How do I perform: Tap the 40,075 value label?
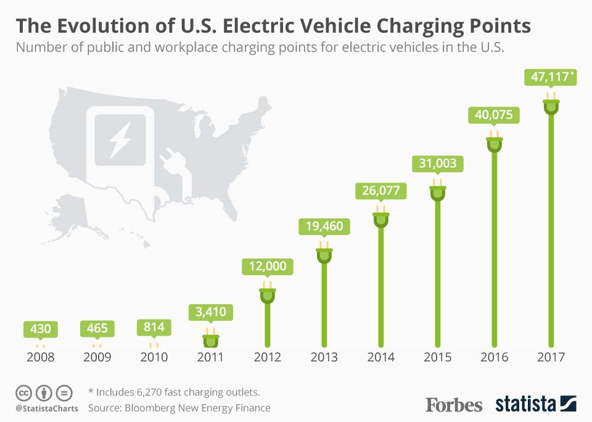point(495,115)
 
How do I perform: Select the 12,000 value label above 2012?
point(268,267)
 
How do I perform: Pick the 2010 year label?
point(154,357)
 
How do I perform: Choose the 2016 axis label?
point(495,357)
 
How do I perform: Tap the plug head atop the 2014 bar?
point(381,218)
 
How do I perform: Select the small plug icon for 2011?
point(211,339)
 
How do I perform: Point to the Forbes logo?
point(454,405)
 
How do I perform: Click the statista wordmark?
point(525,405)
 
